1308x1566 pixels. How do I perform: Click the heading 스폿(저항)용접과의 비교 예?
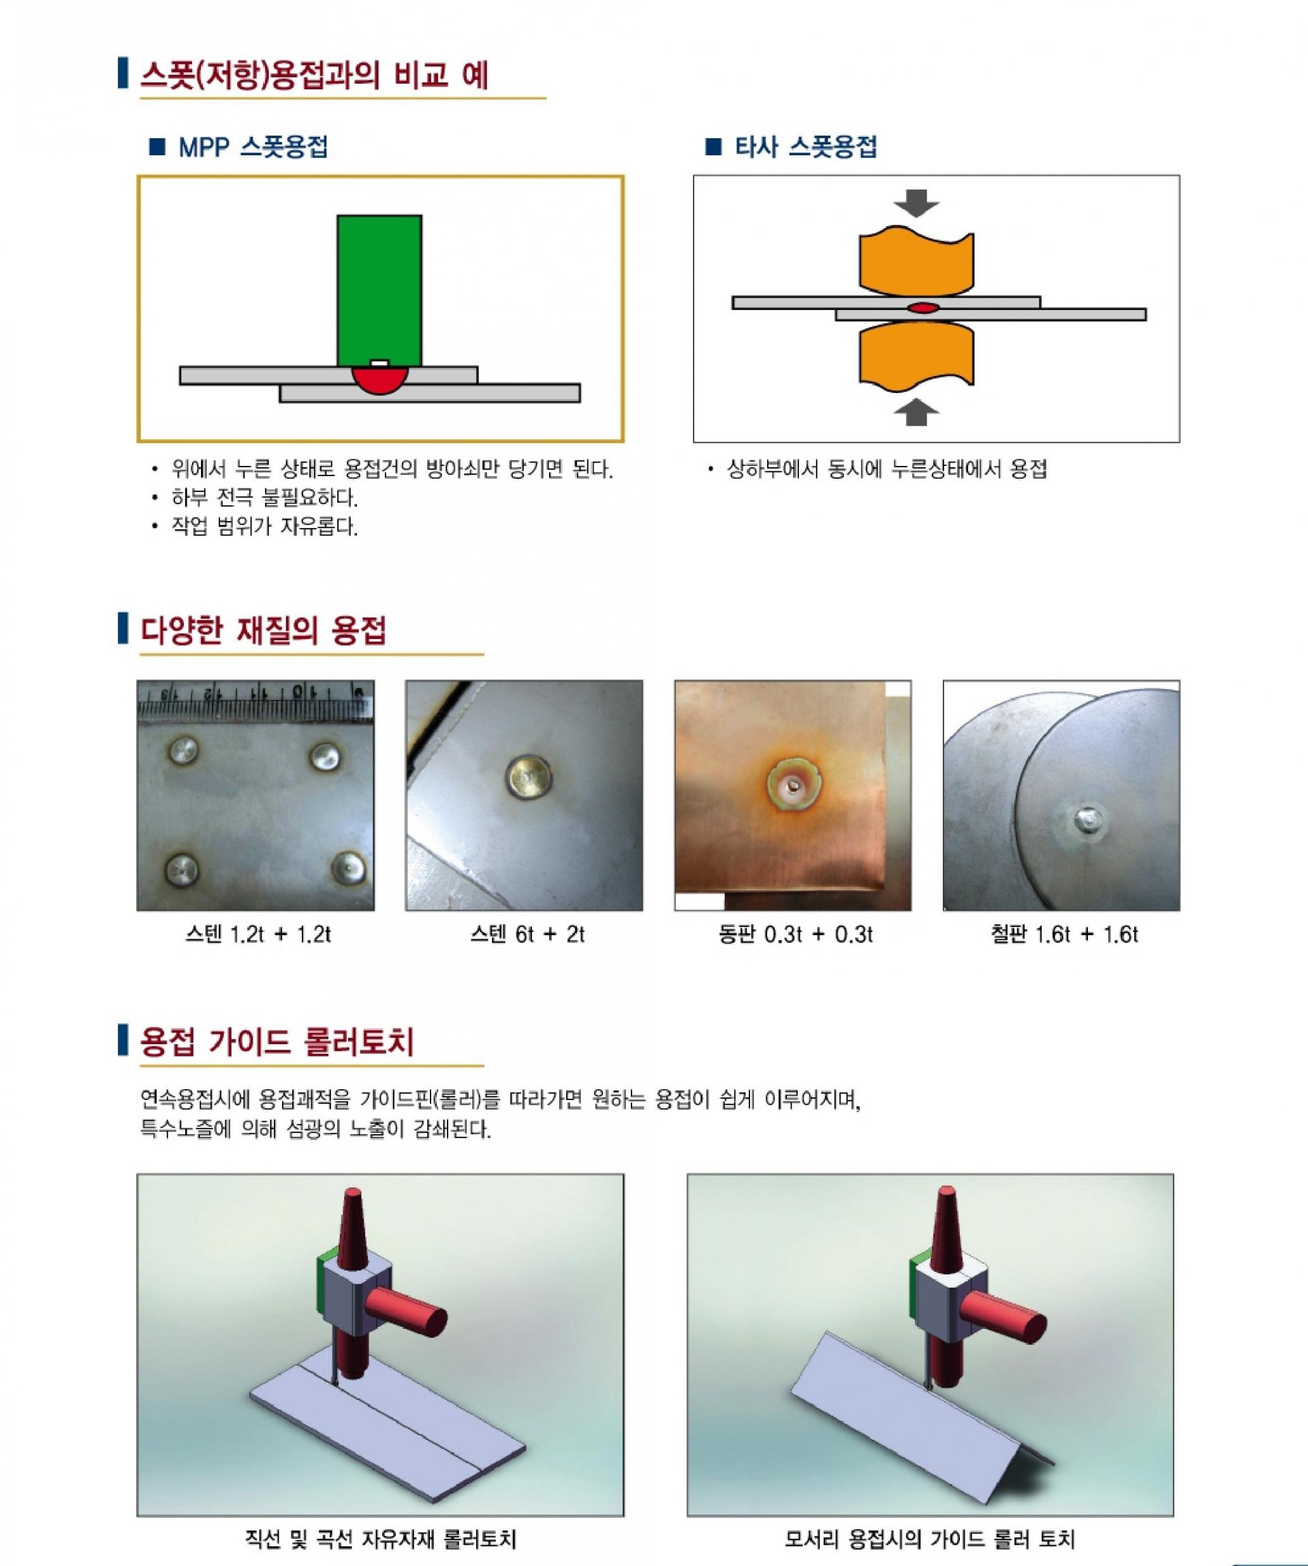pos(315,76)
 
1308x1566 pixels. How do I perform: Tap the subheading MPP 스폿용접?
pos(253,147)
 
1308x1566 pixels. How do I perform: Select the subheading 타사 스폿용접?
pos(805,147)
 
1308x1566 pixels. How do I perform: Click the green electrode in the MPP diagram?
pos(379,290)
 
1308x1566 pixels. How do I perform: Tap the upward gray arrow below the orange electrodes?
pos(916,411)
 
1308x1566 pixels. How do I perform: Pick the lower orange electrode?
pos(916,354)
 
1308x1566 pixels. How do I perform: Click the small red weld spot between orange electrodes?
pos(922,307)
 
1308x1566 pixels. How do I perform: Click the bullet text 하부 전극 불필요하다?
pos(265,497)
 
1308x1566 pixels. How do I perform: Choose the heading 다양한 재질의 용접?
pos(263,631)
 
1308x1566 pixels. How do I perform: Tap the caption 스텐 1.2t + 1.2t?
pos(258,934)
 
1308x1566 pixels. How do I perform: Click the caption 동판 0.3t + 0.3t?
pos(795,934)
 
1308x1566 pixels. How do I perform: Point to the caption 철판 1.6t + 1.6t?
pos(1064,934)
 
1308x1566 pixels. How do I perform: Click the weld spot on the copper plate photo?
pos(793,785)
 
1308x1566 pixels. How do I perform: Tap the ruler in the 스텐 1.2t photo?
pos(255,703)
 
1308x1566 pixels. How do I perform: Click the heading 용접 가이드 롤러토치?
pos(277,1042)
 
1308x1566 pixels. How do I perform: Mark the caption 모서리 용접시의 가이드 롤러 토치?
pos(929,1538)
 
